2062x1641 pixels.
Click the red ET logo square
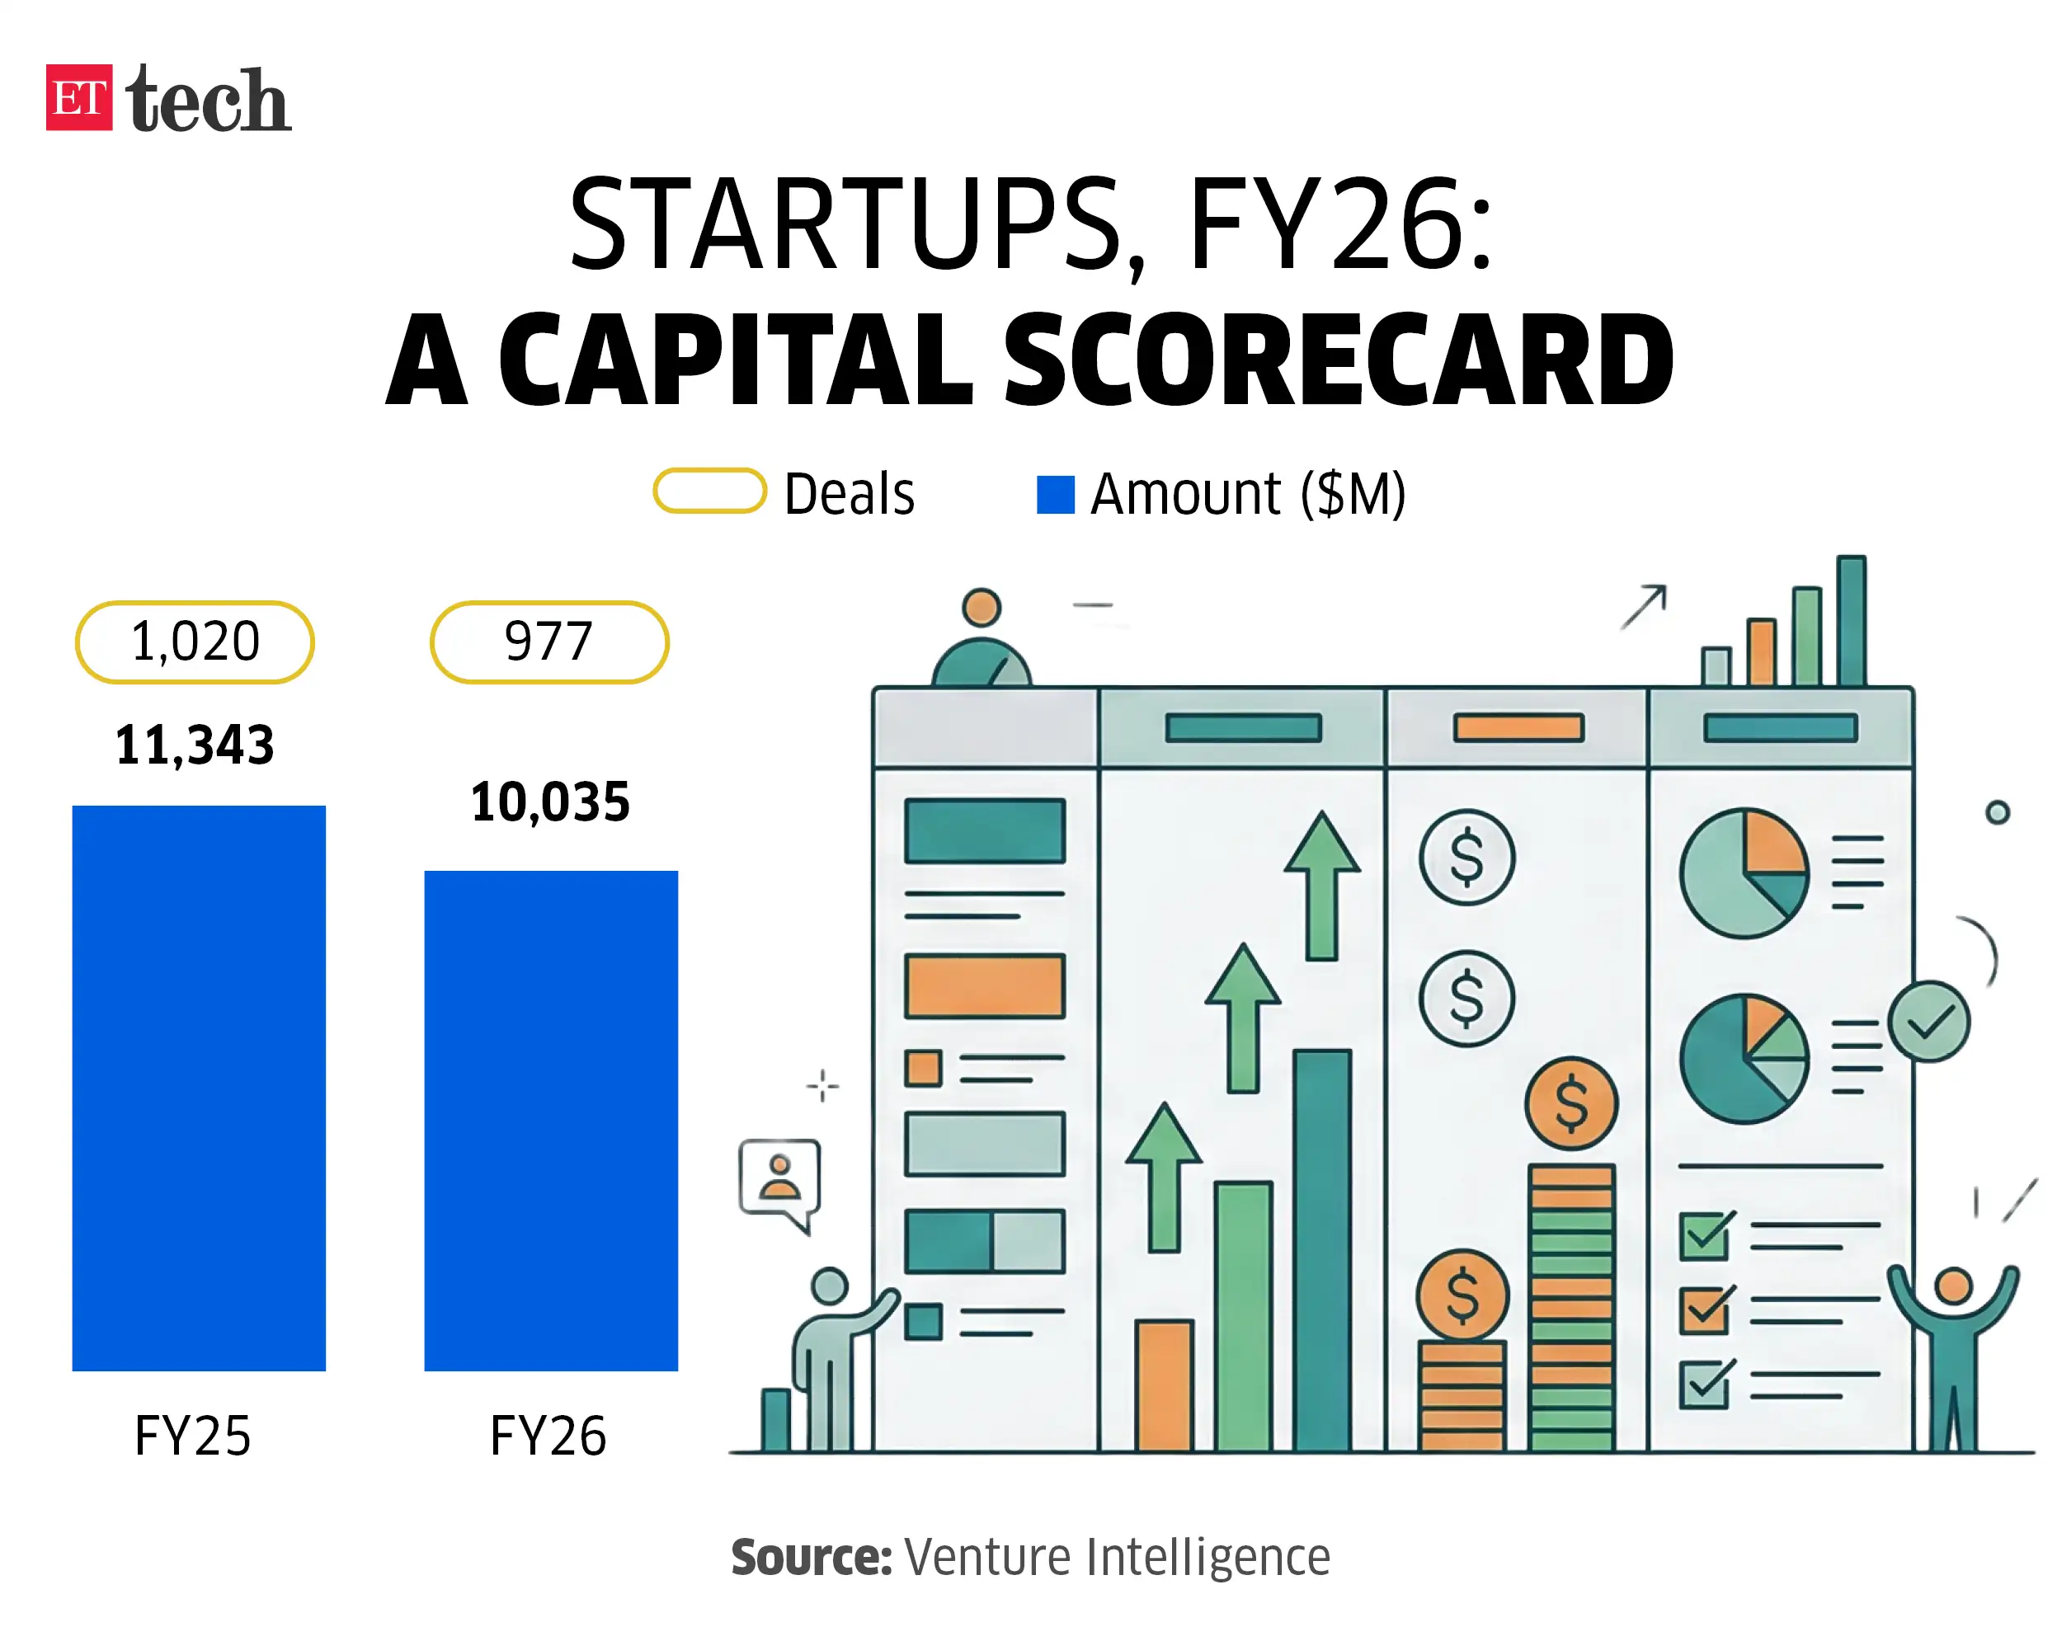(78, 96)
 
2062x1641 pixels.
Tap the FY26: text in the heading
(1339, 225)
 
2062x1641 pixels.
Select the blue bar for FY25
(199, 1088)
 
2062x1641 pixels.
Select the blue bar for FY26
(551, 1120)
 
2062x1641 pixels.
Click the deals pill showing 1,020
(195, 642)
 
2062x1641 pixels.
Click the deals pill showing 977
(549, 642)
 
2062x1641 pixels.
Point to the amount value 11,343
(195, 745)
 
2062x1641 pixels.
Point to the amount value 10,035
(550, 802)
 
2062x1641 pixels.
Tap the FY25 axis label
(192, 1436)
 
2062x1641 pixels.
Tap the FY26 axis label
(548, 1436)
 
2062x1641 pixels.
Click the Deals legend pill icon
(709, 491)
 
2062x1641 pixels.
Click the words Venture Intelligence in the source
(1116, 1558)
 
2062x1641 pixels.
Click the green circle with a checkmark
(1928, 1022)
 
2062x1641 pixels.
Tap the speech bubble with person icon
(779, 1178)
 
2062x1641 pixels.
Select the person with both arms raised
(1953, 1348)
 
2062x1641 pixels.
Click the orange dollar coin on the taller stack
(1571, 1103)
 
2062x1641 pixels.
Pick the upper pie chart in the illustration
(1744, 872)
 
